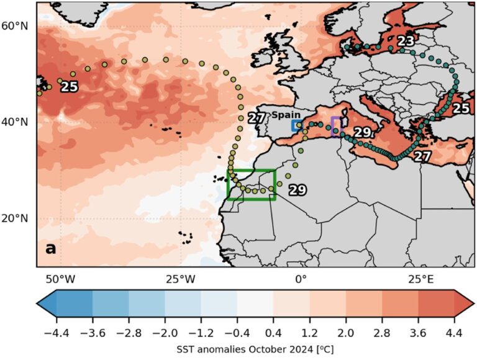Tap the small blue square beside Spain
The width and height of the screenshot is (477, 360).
296,125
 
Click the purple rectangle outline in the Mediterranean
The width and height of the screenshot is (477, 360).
336,126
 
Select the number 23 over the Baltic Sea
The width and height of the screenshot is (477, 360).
406,41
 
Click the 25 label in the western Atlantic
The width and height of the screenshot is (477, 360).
69,87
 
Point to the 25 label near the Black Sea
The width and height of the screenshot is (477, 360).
460,108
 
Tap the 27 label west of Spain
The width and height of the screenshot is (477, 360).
257,118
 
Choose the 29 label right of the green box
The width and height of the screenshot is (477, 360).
298,190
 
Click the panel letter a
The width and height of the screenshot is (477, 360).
50,249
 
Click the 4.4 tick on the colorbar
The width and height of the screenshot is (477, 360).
454,333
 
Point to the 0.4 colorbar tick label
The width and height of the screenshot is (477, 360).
273,333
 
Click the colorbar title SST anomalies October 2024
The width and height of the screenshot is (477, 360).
255,349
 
